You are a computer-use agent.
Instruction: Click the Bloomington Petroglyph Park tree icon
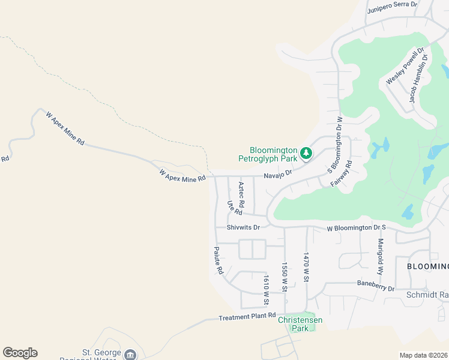tap(306, 154)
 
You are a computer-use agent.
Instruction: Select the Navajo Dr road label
tap(277, 174)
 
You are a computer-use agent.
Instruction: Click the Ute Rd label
tap(234, 208)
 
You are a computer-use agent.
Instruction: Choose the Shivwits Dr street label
tap(243, 227)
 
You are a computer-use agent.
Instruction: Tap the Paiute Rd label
tap(218, 260)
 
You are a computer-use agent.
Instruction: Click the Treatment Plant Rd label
tap(247, 316)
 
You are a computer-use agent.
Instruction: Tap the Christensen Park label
tap(300, 324)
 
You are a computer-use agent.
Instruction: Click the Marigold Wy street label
tap(381, 256)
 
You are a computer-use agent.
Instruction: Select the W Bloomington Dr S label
tap(357, 229)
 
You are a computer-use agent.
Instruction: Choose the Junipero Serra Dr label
tap(392, 5)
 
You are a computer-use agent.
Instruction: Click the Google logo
tap(20, 353)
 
